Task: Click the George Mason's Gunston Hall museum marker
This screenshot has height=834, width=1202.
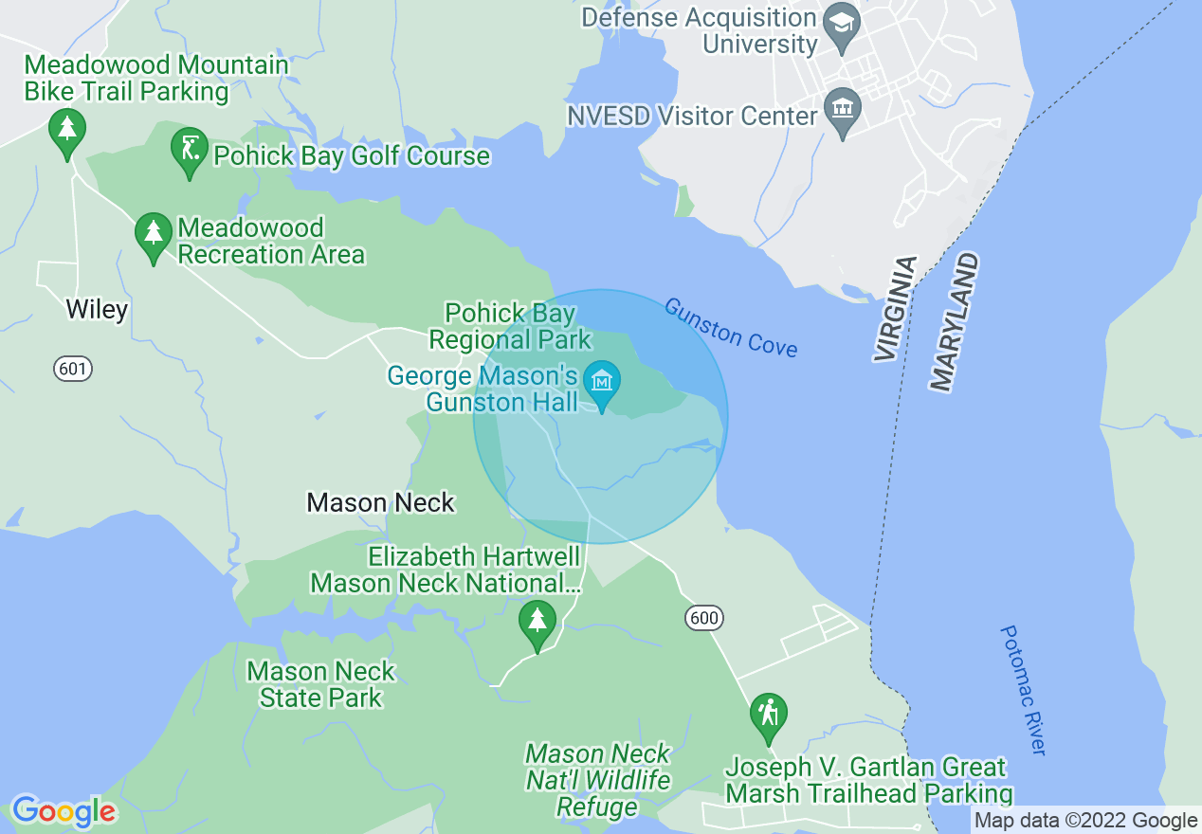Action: (602, 383)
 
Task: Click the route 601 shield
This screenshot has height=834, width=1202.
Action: (73, 369)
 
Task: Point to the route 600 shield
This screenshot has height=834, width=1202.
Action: (704, 618)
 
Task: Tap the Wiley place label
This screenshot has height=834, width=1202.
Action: (97, 310)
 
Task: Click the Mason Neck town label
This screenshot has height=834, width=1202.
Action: (380, 502)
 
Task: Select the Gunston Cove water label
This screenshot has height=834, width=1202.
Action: (730, 327)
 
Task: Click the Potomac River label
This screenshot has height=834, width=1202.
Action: (1024, 689)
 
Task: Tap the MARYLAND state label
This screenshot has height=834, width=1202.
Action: (954, 322)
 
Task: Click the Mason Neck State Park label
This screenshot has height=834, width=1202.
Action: (320, 684)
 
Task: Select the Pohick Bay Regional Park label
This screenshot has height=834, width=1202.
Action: (511, 326)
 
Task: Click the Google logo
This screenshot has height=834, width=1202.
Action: (64, 810)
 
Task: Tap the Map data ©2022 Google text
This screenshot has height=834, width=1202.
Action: (1086, 820)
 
